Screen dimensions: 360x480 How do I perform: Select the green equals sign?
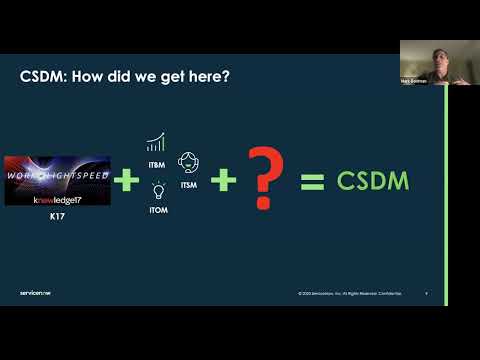click(313, 181)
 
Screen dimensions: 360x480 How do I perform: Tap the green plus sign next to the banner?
click(126, 181)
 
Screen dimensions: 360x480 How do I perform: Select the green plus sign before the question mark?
click(224, 181)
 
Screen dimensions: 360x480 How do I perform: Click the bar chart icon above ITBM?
click(156, 142)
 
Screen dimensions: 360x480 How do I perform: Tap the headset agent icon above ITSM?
click(188, 161)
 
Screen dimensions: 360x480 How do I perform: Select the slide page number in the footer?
click(427, 293)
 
